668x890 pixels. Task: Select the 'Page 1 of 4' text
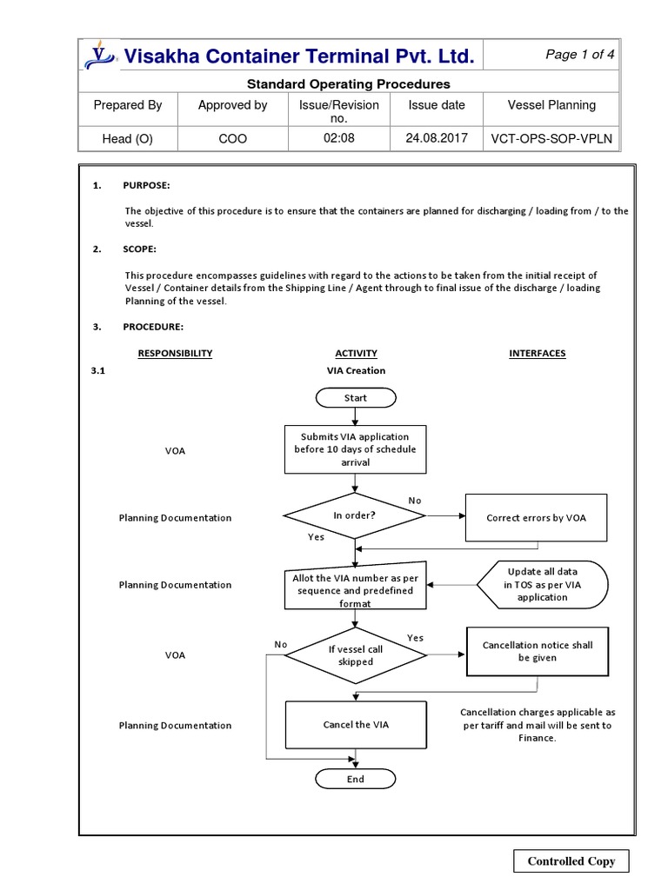pyautogui.click(x=580, y=55)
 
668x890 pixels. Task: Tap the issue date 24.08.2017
pyautogui.click(x=437, y=138)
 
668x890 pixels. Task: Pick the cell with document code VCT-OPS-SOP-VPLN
pyautogui.click(x=551, y=138)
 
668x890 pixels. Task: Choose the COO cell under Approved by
pyautogui.click(x=232, y=138)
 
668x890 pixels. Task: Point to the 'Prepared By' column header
pyautogui.click(x=128, y=105)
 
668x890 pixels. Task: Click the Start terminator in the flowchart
pyautogui.click(x=356, y=397)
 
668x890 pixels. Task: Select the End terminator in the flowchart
pyautogui.click(x=356, y=779)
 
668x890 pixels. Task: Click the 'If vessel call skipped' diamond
pyautogui.click(x=356, y=654)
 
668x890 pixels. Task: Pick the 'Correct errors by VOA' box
pyautogui.click(x=537, y=517)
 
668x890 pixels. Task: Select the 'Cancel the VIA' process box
pyautogui.click(x=356, y=724)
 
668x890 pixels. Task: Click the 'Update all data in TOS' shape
pyautogui.click(x=542, y=584)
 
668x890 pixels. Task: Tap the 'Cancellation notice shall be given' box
pyautogui.click(x=537, y=652)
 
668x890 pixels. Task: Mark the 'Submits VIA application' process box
pyautogui.click(x=355, y=449)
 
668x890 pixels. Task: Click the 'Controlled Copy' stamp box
pyautogui.click(x=571, y=861)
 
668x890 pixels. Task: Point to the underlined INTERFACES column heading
pyautogui.click(x=537, y=353)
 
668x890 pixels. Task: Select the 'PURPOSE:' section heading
pyautogui.click(x=146, y=186)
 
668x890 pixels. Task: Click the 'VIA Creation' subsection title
pyautogui.click(x=356, y=370)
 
